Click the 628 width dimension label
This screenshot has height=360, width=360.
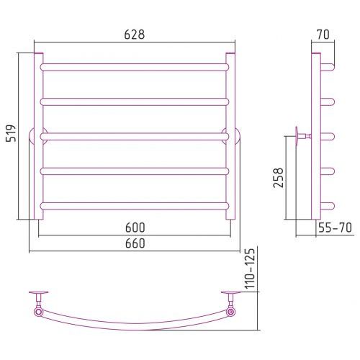135,35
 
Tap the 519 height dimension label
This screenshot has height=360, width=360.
11,133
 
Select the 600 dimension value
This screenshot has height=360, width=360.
135,228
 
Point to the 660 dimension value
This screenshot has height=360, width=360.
135,243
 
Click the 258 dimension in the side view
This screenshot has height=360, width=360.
279,178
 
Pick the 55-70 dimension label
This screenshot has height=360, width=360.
335,228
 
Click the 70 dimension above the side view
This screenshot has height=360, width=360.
323,35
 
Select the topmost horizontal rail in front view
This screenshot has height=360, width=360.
135,67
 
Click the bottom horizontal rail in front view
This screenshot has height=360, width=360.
135,206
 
